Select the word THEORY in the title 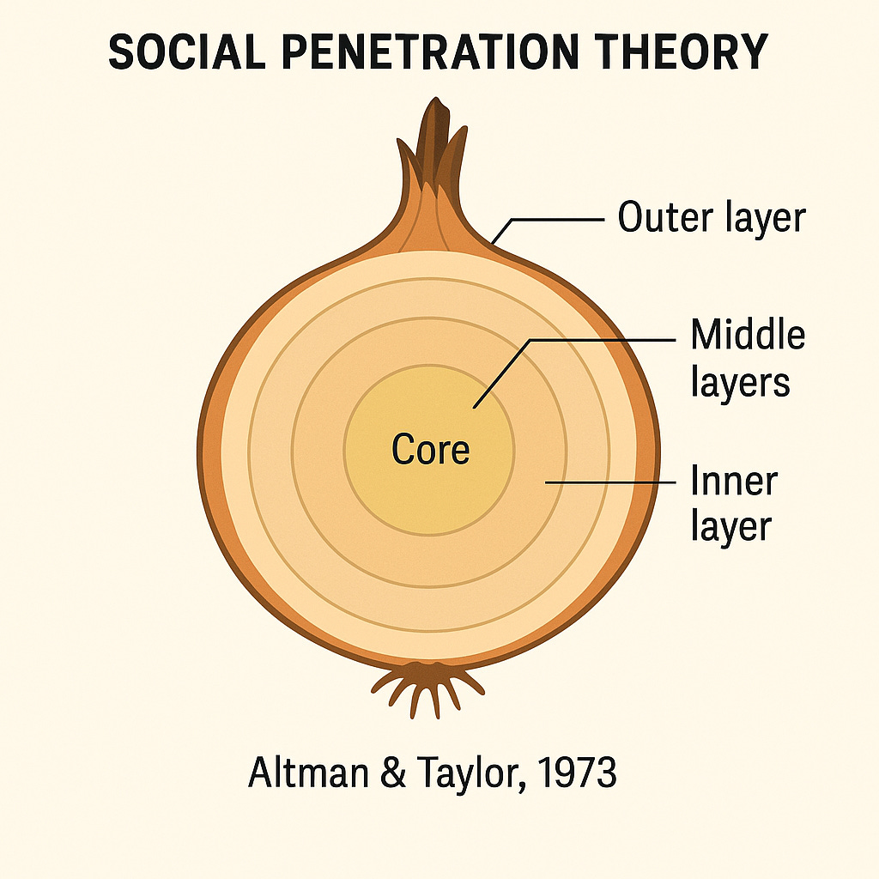pyautogui.click(x=687, y=53)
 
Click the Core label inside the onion pyautogui.click(x=430, y=449)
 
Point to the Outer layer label pyautogui.click(x=712, y=218)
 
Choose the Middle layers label pyautogui.click(x=748, y=357)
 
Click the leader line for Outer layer pyautogui.click(x=558, y=220)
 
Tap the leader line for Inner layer pyautogui.click(x=609, y=482)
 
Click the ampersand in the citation pyautogui.click(x=371, y=773)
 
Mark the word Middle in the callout pyautogui.click(x=748, y=335)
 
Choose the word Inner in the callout pyautogui.click(x=733, y=482)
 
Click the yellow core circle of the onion pyautogui.click(x=429, y=489)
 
